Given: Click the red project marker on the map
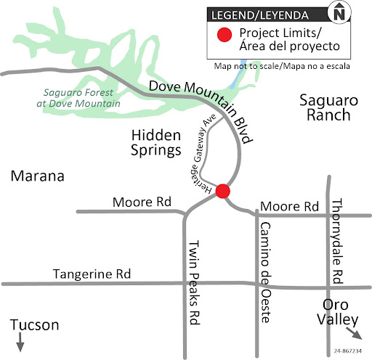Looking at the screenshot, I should [x=223, y=191].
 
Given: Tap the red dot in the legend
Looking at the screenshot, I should [x=226, y=33].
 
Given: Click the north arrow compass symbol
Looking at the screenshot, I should [x=357, y=12].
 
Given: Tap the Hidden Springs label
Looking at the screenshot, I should [x=155, y=143].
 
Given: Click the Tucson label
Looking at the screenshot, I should [x=34, y=324].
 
